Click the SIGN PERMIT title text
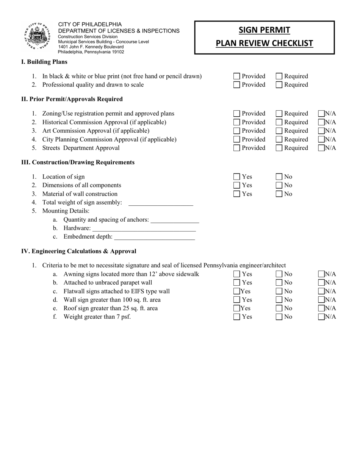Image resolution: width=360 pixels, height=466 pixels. pos(265,30)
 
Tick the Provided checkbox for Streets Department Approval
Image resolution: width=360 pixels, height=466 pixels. pos(237,148)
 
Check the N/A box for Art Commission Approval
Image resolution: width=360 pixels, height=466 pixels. pos(321,131)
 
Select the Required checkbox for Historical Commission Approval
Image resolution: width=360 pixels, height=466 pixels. pos(279,122)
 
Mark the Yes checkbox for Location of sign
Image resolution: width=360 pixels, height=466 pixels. pos(237,177)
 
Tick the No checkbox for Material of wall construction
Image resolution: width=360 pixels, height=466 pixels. pos(279,194)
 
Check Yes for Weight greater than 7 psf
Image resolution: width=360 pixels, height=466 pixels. pos(237,317)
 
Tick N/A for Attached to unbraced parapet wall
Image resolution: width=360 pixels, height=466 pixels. pos(321,283)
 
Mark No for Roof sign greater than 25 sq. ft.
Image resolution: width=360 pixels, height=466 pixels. pos(279,308)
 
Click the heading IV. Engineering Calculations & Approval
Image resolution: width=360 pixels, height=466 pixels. pos(79,251)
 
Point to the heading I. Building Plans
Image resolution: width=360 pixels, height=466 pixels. pos(44,62)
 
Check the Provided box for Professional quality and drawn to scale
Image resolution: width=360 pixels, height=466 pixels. pos(237,85)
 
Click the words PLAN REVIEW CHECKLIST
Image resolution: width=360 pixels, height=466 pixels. pos(265,43)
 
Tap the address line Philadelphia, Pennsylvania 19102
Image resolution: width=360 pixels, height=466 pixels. pos(91,52)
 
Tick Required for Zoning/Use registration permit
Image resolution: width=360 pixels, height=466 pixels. pos(279,114)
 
